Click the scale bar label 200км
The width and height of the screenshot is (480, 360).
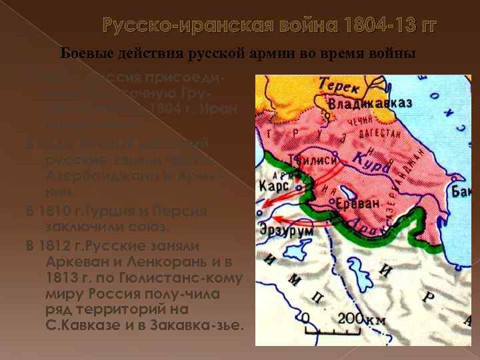pos(361,319)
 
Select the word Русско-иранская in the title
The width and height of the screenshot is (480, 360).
pos(171,27)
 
